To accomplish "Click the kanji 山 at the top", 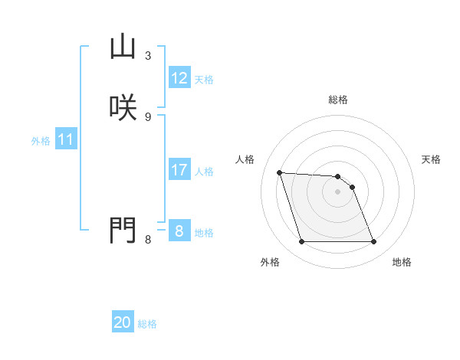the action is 123,47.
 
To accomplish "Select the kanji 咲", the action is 123,106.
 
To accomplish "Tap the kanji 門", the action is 123,229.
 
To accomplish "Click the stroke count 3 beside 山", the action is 148,56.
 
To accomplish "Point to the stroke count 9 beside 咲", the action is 148,116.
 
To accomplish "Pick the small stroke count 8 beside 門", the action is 148,240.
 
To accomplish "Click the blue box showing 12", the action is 179,78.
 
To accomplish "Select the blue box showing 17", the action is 179,170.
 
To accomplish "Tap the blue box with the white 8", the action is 179,231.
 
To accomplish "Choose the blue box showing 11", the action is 66,140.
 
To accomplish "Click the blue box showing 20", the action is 123,322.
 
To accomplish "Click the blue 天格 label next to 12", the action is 204,80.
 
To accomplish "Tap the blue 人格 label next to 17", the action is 204,172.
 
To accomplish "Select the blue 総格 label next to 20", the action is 147,324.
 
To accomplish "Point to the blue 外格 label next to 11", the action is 41,142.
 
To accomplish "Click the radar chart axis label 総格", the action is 338,100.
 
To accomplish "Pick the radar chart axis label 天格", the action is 431,159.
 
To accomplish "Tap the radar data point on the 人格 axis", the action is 280,173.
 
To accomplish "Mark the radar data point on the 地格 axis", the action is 373,242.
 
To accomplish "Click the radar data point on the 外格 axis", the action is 301,242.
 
